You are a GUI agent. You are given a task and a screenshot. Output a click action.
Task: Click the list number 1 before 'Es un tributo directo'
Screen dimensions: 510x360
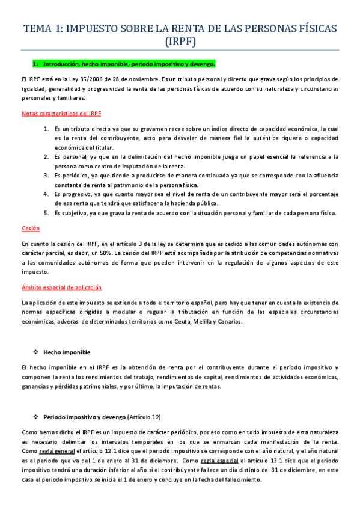pyautogui.click(x=46, y=128)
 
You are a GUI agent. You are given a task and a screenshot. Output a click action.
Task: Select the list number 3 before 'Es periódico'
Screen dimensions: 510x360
pyautogui.click(x=46, y=175)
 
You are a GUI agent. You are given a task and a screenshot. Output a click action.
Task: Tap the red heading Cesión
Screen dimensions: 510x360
pyautogui.click(x=30, y=229)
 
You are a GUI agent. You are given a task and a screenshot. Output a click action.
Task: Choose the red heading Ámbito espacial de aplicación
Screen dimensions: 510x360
pyautogui.click(x=61, y=287)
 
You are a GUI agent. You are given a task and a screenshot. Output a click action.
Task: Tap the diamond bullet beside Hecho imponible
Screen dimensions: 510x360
pyautogui.click(x=37, y=352)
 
